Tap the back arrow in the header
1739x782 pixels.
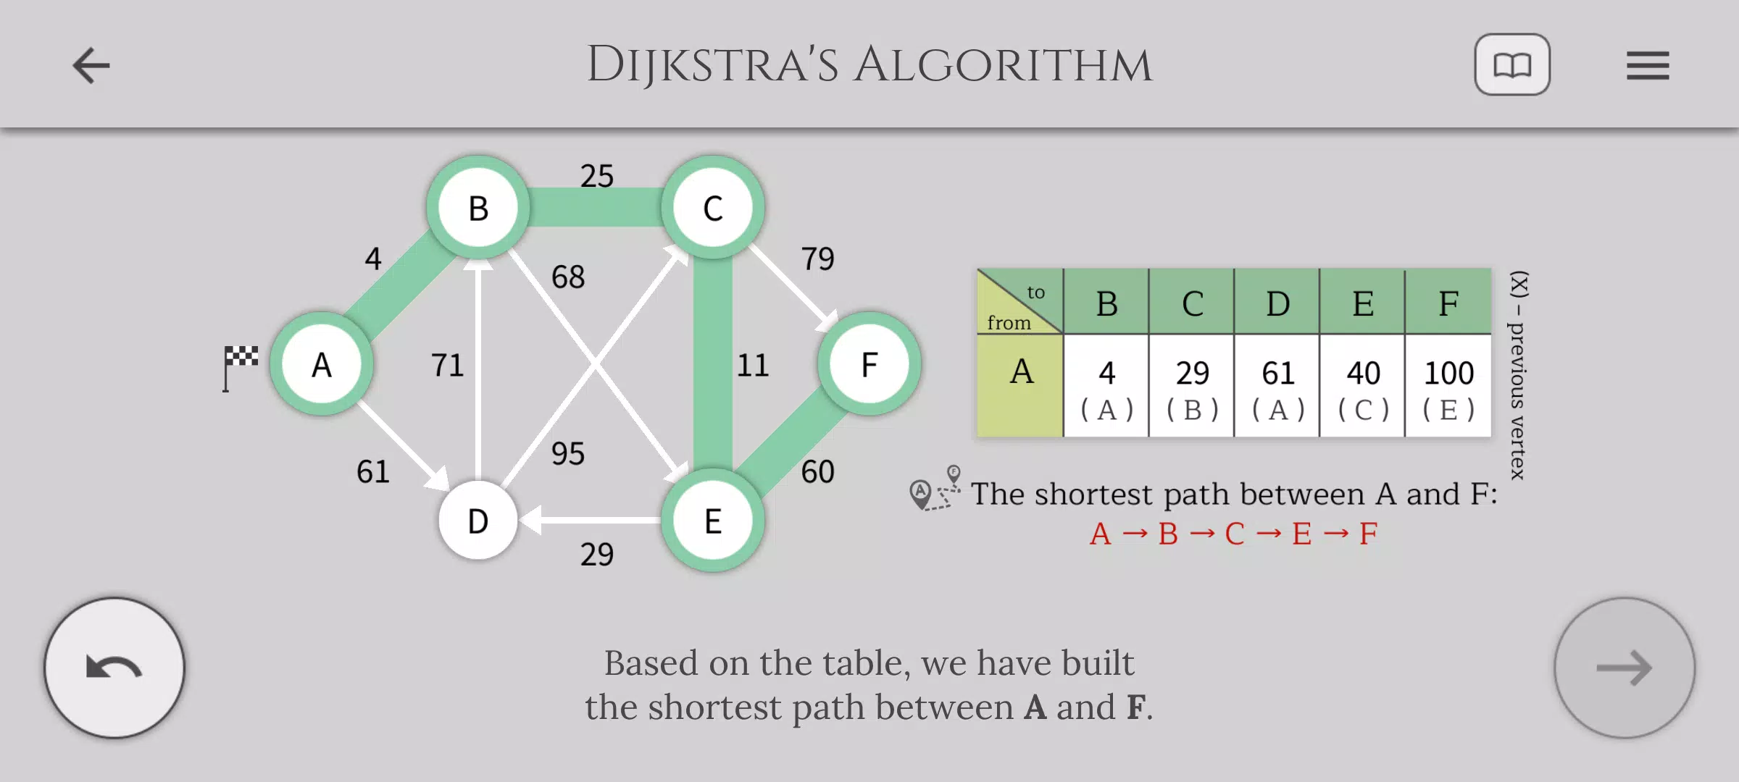(91, 65)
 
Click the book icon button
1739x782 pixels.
(1512, 64)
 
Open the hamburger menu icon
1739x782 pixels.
(1648, 65)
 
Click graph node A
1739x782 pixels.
(322, 364)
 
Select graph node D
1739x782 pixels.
(478, 521)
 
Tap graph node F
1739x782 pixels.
(869, 364)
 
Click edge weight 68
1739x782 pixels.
(568, 277)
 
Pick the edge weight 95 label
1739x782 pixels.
(568, 454)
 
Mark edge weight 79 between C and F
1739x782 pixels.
(817, 258)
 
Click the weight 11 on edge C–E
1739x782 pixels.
(753, 365)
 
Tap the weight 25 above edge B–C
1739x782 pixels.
(597, 176)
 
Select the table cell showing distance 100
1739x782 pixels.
(1448, 386)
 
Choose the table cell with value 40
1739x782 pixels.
(1363, 386)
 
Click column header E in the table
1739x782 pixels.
(1363, 302)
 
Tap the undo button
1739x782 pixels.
(114, 668)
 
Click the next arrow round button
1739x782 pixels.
(1625, 668)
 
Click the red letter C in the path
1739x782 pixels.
(1235, 534)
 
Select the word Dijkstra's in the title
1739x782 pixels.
(712, 65)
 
